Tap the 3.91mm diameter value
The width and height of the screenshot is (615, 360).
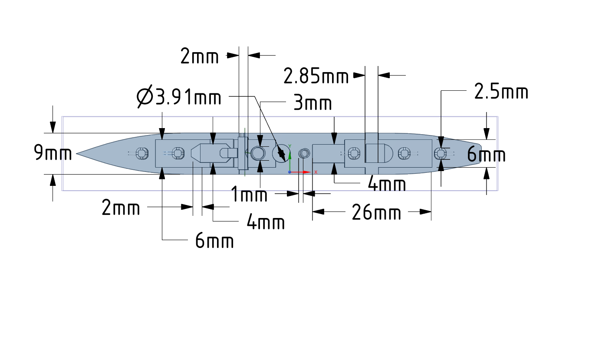(187, 98)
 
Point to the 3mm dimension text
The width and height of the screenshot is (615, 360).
(312, 104)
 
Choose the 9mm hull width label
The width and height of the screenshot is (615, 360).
(53, 153)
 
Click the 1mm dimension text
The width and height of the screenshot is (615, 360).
(249, 195)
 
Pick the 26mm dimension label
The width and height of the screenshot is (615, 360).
(376, 213)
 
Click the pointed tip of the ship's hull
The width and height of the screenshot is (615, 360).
(78, 153)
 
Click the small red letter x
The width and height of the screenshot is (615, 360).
(316, 172)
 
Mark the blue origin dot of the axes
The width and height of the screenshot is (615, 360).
(290, 172)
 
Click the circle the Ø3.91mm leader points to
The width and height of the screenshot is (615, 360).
(281, 153)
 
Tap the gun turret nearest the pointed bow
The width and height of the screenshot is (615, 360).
(140, 153)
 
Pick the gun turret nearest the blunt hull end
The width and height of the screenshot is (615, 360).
(441, 153)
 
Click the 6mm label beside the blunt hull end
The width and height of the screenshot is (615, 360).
(486, 155)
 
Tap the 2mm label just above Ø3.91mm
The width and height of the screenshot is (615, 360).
(200, 56)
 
